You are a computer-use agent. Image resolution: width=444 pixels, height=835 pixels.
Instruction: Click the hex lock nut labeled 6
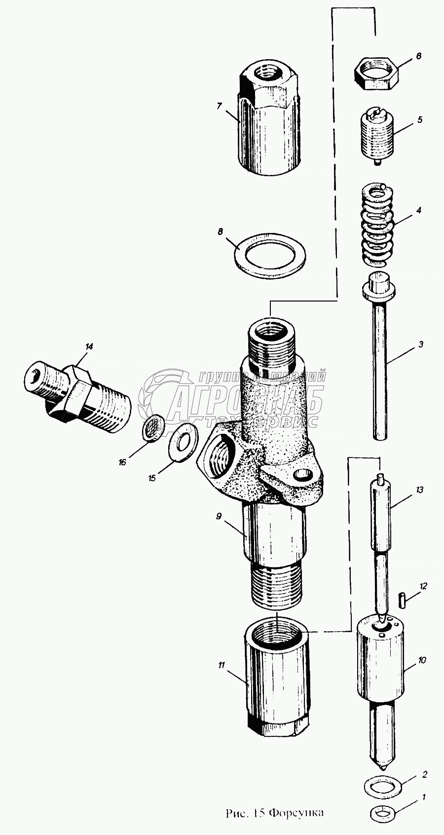click(x=376, y=73)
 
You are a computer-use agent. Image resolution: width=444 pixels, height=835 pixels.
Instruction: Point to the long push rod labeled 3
click(x=380, y=370)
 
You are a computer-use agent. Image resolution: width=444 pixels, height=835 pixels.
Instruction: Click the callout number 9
click(x=218, y=516)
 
